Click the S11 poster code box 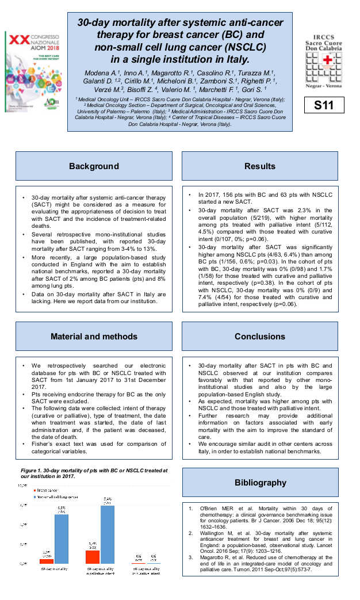pyautogui.click(x=324, y=105)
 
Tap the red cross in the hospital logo pyautogui.click(x=329, y=62)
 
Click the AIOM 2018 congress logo pyautogui.click(x=31, y=66)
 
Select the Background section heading pyautogui.click(x=94, y=166)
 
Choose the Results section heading pyautogui.click(x=260, y=166)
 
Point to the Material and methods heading pyautogui.click(x=94, y=337)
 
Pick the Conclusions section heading pyautogui.click(x=260, y=337)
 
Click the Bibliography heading pyautogui.click(x=260, y=482)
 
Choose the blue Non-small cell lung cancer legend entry pyautogui.click(x=58, y=496)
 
